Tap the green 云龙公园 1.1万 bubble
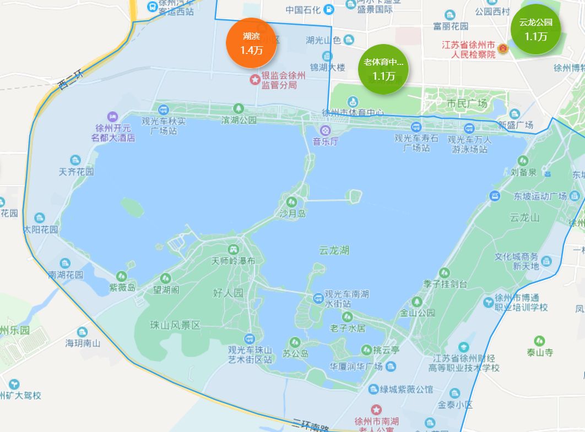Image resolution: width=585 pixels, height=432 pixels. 535,30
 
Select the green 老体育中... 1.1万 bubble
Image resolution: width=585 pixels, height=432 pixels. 383,69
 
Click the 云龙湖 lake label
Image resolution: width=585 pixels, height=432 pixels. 334,250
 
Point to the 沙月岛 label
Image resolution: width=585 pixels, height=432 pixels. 292,214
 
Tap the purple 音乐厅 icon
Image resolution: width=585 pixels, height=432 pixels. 326,130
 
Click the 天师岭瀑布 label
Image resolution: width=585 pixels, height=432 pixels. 234,261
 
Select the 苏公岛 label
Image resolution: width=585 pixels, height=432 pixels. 295,354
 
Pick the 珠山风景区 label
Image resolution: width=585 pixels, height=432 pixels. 175,325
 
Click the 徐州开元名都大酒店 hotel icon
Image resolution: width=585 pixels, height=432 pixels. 113,117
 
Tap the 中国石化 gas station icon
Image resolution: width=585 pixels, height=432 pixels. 329,9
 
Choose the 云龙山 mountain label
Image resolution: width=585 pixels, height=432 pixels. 524,217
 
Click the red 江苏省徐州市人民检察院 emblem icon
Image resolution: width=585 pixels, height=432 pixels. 502,49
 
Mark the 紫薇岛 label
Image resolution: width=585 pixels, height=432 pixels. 122,287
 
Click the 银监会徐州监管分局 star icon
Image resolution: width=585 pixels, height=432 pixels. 254,80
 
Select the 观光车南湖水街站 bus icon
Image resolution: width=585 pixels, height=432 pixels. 318,298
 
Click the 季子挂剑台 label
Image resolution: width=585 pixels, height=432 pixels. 445,284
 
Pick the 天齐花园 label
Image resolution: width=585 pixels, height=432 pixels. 76,172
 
